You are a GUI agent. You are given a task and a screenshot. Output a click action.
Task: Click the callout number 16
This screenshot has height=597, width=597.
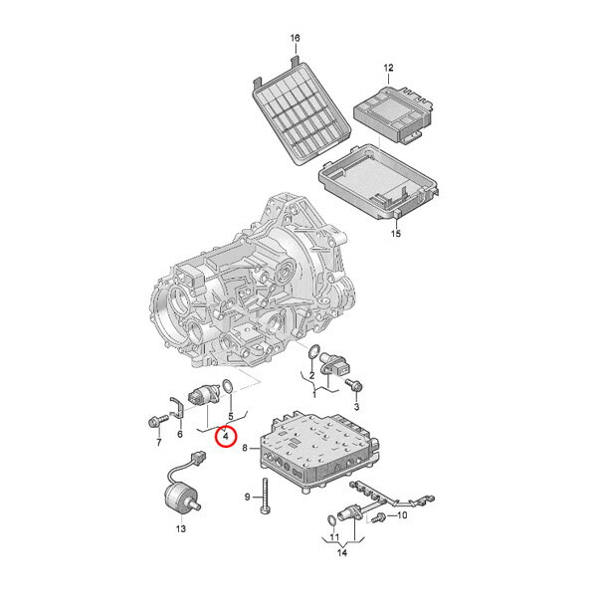click(296, 38)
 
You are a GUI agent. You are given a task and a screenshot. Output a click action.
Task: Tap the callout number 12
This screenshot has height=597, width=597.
click(388, 68)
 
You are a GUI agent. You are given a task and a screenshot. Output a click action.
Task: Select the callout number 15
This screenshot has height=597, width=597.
click(396, 233)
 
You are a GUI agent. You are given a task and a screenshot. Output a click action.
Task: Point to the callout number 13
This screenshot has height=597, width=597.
click(181, 528)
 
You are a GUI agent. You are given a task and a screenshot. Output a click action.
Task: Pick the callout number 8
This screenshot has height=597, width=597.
click(245, 448)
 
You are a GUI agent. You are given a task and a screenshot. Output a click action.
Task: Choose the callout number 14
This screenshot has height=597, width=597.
click(342, 552)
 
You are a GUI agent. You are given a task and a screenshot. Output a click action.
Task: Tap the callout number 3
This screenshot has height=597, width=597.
click(356, 407)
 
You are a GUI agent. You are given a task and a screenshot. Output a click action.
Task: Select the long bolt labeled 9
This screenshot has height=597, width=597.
click(265, 497)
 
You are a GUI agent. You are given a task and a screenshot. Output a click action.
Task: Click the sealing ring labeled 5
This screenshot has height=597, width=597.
click(227, 386)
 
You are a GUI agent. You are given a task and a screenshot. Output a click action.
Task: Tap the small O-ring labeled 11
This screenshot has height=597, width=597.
click(331, 520)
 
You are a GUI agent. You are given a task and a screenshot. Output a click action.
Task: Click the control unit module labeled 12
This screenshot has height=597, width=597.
click(393, 113)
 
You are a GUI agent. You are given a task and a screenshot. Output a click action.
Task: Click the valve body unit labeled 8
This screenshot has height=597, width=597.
click(319, 452)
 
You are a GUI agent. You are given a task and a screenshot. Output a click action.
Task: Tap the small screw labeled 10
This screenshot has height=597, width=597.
click(379, 517)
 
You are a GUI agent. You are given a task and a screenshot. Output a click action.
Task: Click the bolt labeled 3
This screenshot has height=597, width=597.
click(354, 385)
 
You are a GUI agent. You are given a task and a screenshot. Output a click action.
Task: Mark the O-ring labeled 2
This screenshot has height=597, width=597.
click(313, 352)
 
